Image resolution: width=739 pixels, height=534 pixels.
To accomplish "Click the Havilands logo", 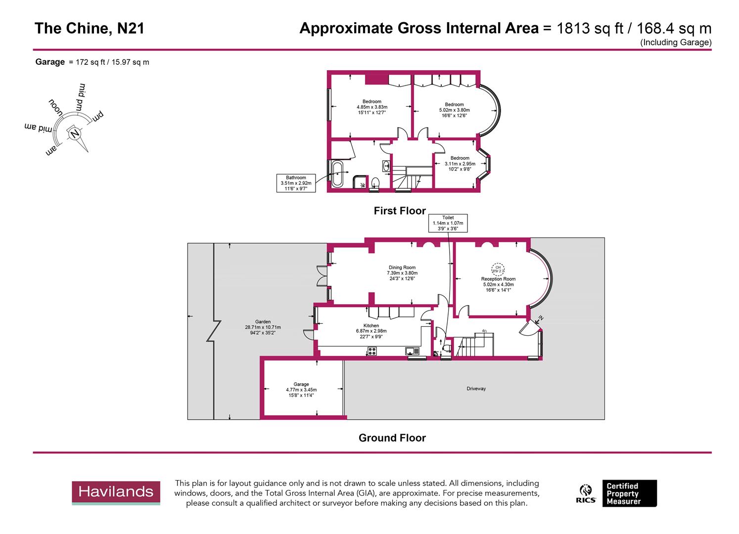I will (x=116, y=492).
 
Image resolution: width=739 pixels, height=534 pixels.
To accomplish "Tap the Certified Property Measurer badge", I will (x=629, y=493).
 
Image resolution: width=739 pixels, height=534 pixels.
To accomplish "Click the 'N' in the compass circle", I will (x=74, y=134).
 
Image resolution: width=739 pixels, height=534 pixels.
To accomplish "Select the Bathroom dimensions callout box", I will (x=296, y=183).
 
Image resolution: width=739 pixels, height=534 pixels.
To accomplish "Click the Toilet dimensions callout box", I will (x=448, y=223).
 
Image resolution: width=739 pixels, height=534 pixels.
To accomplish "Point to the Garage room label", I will (x=301, y=384).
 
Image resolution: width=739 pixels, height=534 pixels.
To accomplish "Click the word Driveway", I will (x=476, y=389).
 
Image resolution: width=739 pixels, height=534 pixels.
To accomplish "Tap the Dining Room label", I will (x=402, y=267).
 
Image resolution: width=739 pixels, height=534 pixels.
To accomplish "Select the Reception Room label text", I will (x=498, y=279).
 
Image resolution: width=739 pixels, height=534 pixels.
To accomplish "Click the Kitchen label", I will (x=371, y=326).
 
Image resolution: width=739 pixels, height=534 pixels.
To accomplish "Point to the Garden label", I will (x=263, y=322).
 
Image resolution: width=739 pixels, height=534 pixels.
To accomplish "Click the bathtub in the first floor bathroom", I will (x=337, y=174).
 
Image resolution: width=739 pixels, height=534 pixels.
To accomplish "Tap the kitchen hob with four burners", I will (x=372, y=352).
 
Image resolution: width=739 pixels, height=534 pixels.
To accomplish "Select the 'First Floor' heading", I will (x=400, y=211).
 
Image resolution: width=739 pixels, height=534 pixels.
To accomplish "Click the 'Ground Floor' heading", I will (x=392, y=438).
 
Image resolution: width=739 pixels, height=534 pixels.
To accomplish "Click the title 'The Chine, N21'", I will (x=90, y=29).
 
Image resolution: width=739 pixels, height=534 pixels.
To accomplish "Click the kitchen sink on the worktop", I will (x=412, y=352).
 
